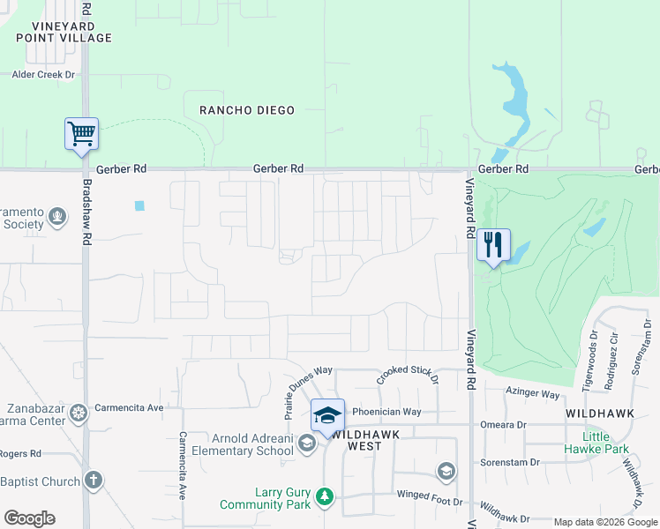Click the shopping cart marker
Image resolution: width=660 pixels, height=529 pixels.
pyautogui.click(x=81, y=135)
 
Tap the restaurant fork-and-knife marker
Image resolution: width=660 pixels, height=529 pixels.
pyautogui.click(x=493, y=244)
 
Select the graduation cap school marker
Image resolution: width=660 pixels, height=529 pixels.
pyautogui.click(x=327, y=414)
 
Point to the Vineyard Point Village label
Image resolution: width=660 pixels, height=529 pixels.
pyautogui.click(x=64, y=32)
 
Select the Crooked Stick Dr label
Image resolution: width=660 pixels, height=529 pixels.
pyautogui.click(x=407, y=375)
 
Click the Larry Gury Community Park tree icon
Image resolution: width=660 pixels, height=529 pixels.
pyautogui.click(x=325, y=497)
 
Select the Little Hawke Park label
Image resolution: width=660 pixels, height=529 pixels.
pyautogui.click(x=605, y=443)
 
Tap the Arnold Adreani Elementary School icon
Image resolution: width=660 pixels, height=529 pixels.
pyautogui.click(x=306, y=443)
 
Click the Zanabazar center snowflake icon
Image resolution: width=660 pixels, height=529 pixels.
pyautogui.click(x=79, y=413)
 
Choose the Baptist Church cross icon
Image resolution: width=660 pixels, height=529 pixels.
pyautogui.click(x=94, y=481)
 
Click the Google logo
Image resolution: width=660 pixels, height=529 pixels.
pyautogui.click(x=29, y=518)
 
